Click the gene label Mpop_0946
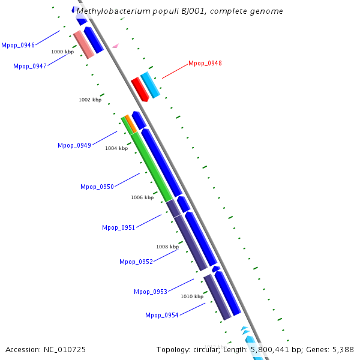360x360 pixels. (18, 45)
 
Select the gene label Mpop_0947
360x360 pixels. (30, 66)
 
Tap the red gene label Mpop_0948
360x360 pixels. (205, 63)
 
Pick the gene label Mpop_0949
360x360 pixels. (74, 145)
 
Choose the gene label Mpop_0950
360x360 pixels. (97, 187)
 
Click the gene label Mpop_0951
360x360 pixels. (119, 227)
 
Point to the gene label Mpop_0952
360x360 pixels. (136, 262)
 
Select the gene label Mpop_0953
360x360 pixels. (151, 292)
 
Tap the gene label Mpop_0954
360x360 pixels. (162, 315)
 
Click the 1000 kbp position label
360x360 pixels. (62, 52)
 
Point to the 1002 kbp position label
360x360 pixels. (90, 100)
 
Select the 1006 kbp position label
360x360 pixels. (142, 197)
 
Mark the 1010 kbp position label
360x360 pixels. (192, 296)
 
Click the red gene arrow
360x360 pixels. (139, 89)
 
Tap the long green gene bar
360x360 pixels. (152, 167)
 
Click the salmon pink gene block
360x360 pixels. (83, 44)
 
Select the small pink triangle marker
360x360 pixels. (115, 46)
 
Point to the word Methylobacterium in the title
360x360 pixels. (111, 11)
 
